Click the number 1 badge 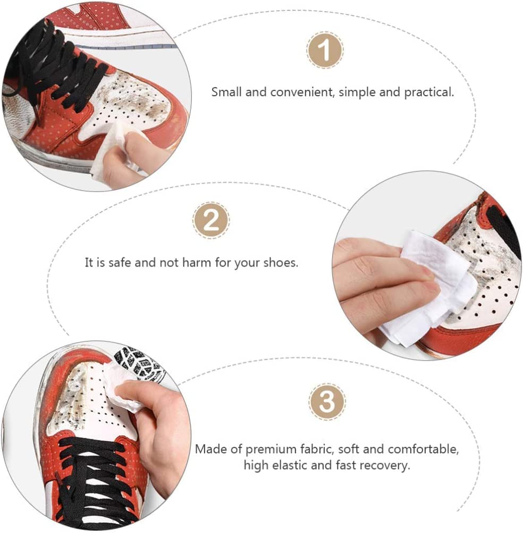(325, 50)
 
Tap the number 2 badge (211, 220)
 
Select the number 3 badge (327, 402)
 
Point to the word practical (429, 93)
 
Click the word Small (226, 92)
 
